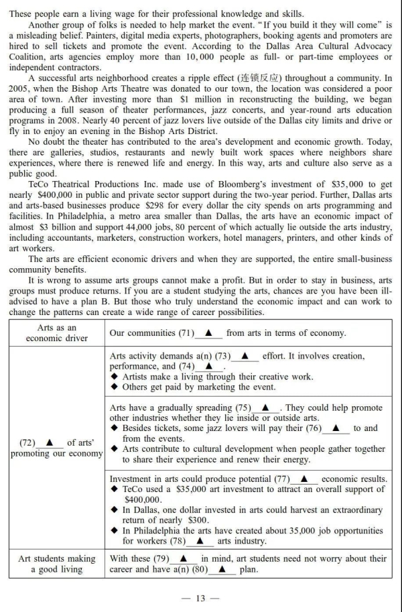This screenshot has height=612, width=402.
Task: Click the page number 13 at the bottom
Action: (200, 599)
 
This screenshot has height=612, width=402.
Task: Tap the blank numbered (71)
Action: (208, 333)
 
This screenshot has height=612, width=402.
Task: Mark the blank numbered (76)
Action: (336, 428)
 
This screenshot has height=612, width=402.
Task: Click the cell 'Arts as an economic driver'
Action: (56, 333)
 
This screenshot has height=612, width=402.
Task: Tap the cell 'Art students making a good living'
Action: (56, 564)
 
